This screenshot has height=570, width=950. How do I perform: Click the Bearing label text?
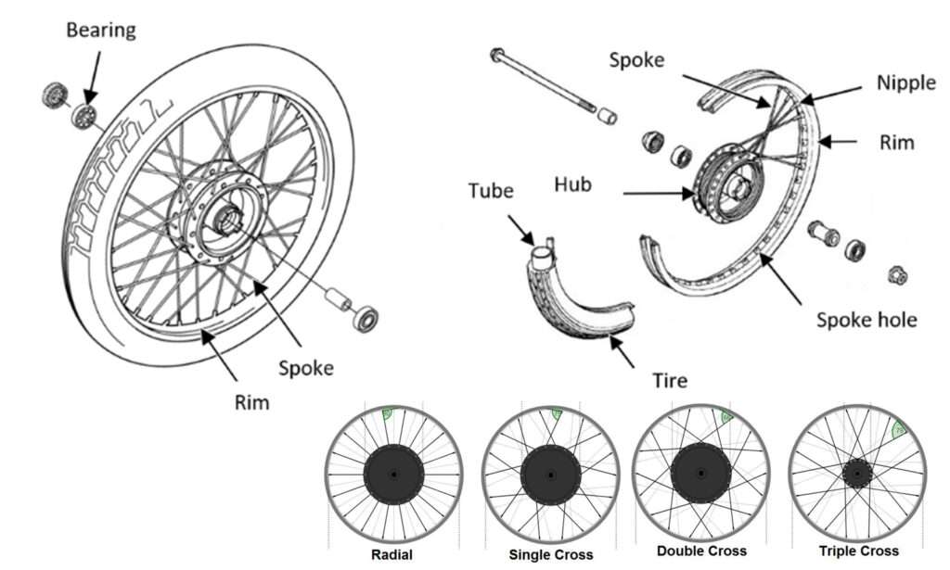coord(99,30)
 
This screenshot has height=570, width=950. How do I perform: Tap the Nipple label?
coord(905,82)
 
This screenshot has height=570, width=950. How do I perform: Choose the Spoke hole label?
coord(867,320)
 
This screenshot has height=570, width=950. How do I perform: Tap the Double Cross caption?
coord(702,551)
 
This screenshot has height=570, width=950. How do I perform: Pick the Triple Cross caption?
coord(858,551)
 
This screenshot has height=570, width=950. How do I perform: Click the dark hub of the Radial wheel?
coord(392,475)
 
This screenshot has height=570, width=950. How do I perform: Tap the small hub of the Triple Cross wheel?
coord(857,475)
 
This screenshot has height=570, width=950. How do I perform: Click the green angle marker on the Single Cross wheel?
coord(556,415)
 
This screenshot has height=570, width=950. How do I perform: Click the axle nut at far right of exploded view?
coord(897,275)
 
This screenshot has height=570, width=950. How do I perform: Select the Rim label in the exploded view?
coord(896,143)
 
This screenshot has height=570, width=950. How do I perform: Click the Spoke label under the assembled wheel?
coord(305,367)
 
